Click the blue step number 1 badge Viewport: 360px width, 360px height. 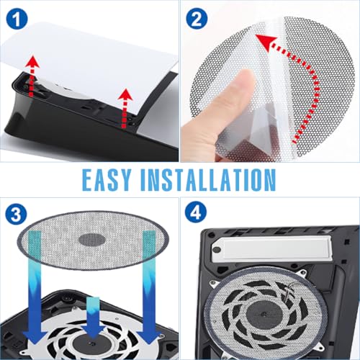click(17, 18)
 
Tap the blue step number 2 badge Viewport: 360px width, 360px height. click(197, 18)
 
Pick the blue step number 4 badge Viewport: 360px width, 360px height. click(196, 212)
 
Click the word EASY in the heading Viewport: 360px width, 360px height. click(107, 180)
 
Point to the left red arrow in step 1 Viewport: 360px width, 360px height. click(32, 76)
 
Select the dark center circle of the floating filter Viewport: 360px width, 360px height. click(92, 240)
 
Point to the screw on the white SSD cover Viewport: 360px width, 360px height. click(217, 250)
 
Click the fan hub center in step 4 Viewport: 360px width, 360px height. click(264, 314)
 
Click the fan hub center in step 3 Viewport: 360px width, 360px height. click(92, 344)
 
